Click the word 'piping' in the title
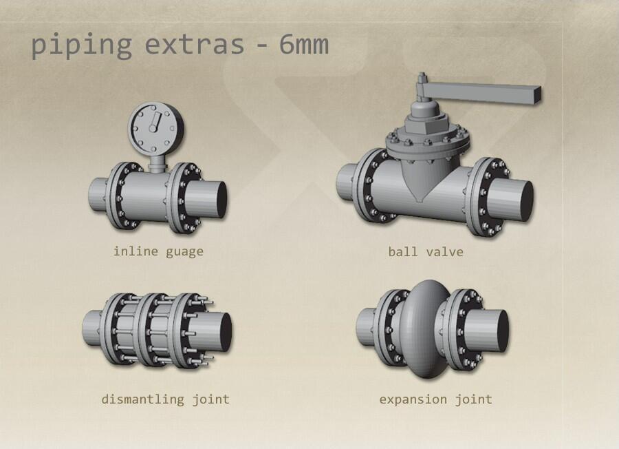(x=81, y=46)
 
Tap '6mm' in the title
(x=304, y=44)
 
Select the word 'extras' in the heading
(x=195, y=45)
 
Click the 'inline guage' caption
(x=158, y=252)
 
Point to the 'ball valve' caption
(x=426, y=252)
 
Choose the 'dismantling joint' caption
(x=165, y=399)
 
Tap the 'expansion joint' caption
(x=436, y=399)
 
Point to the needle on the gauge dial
(x=154, y=122)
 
